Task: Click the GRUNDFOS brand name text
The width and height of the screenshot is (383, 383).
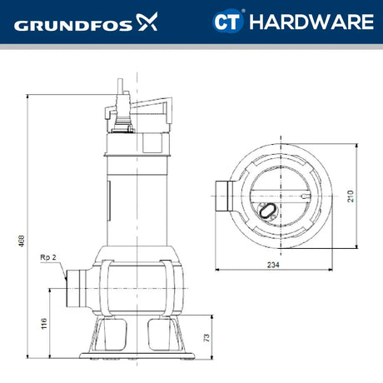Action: coord(70,24)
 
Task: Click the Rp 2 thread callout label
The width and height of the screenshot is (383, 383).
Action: coord(48,258)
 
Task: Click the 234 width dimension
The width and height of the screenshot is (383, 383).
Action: coord(274,264)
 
